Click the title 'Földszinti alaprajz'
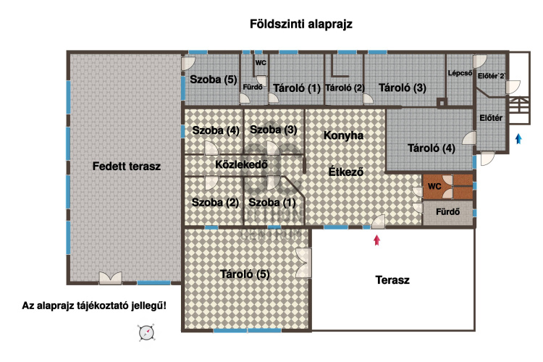click(x=300, y=24)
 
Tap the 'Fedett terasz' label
click(x=127, y=166)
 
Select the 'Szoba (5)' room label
click(x=214, y=79)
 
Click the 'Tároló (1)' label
click(x=297, y=88)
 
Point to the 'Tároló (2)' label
click(x=345, y=88)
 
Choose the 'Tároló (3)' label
click(x=402, y=88)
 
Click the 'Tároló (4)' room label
click(x=432, y=150)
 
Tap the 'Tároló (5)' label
click(x=244, y=274)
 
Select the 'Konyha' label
click(x=343, y=135)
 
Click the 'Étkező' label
click(x=345, y=172)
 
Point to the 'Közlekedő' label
click(x=242, y=164)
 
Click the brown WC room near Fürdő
click(x=435, y=187)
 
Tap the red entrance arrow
click(x=376, y=240)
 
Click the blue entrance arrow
click(x=518, y=139)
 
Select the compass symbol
click(x=147, y=332)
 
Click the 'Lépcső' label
click(x=460, y=73)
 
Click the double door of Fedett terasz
click(x=110, y=277)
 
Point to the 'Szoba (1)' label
click(x=271, y=202)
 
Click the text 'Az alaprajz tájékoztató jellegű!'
click(x=94, y=306)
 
